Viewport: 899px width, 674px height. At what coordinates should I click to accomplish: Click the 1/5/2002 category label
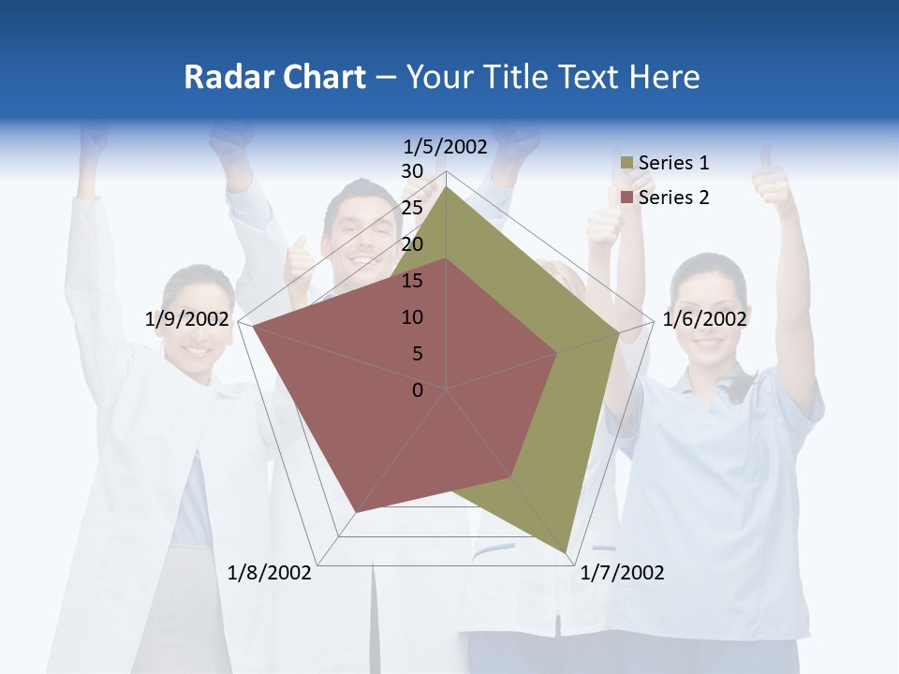click(446, 146)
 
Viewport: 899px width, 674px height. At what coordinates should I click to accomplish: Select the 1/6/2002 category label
click(704, 319)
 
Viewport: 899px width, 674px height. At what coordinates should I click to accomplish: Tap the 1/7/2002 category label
click(622, 573)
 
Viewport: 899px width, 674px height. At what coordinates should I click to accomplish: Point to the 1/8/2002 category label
click(270, 573)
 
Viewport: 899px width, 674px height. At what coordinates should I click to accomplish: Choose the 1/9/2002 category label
click(187, 319)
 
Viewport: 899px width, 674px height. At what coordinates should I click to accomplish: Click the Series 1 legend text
click(673, 163)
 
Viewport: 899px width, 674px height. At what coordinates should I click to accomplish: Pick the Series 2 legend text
click(673, 198)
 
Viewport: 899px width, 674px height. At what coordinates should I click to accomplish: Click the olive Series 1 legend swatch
click(626, 164)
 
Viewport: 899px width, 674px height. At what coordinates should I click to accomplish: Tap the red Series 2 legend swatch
click(626, 198)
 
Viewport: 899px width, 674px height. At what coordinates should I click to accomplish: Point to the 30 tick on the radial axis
click(412, 171)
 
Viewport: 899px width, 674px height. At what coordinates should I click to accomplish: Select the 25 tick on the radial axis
click(412, 208)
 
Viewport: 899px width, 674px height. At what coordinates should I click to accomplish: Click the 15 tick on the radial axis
click(412, 281)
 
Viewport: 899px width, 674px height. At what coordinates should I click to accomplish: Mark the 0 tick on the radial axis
click(418, 390)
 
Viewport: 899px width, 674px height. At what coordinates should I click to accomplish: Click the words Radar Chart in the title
click(274, 78)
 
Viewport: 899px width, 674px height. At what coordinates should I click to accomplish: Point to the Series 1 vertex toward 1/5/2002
click(446, 186)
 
